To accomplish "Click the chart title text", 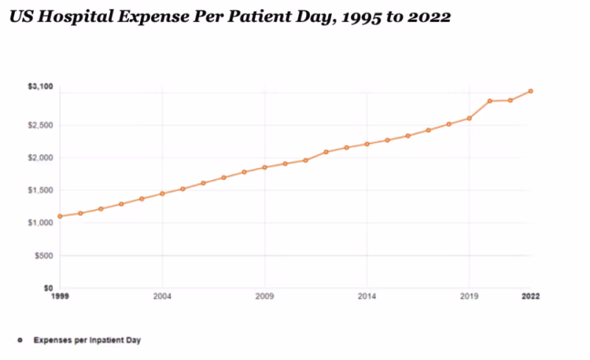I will (x=229, y=17).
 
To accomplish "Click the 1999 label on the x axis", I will (x=60, y=297).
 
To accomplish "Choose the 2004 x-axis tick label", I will (x=162, y=297).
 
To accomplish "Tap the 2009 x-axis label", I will (x=265, y=297).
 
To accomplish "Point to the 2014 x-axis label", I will (x=367, y=297).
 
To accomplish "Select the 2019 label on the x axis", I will (x=469, y=297).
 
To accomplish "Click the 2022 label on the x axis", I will (x=530, y=297).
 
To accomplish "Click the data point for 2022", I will (x=530, y=91).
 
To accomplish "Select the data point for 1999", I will (x=60, y=216).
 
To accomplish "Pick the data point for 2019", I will (x=469, y=118).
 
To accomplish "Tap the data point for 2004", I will (x=162, y=193).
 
